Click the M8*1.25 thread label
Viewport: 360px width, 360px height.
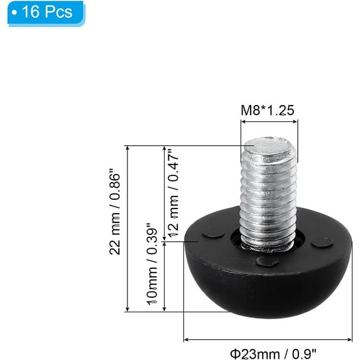click(268, 111)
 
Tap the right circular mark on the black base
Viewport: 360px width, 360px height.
click(322, 242)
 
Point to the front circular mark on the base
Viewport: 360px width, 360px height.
click(268, 261)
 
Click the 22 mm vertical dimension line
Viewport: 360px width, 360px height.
click(128, 229)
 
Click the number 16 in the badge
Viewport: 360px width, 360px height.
click(28, 13)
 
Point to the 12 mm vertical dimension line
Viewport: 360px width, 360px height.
click(165, 193)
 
